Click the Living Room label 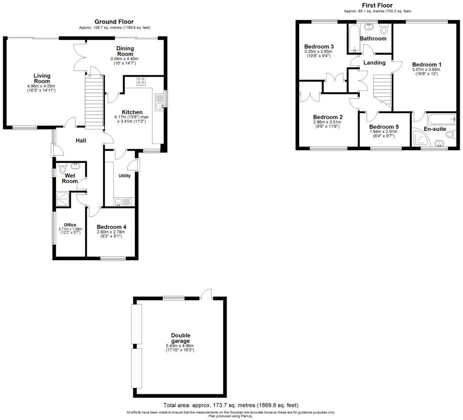point(42,78)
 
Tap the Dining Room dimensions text point(124,61)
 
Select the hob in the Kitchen point(141,81)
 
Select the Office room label point(70,225)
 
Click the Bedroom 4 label point(111,227)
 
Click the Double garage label point(181,338)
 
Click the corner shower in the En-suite point(420,138)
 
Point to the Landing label point(374,63)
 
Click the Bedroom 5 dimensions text point(384,134)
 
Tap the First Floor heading point(377,5)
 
